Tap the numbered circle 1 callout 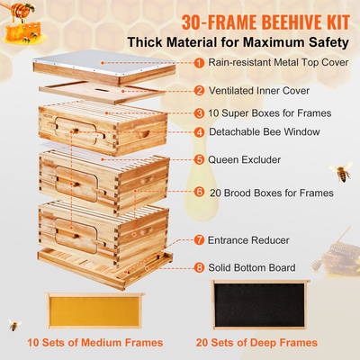(x=197, y=63)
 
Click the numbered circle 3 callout (x=197, y=113)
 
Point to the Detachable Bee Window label (x=265, y=131)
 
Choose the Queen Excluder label (x=244, y=159)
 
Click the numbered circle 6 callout (x=197, y=192)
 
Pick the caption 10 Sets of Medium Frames (x=95, y=343)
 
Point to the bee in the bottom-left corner (x=13, y=324)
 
